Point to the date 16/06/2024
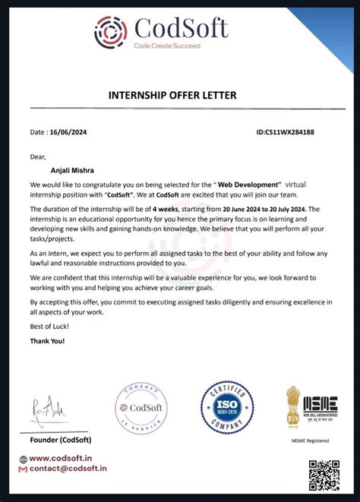74,132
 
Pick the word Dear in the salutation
39,157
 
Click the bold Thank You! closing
48,341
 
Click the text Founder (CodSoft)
62,439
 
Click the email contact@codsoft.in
68,469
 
